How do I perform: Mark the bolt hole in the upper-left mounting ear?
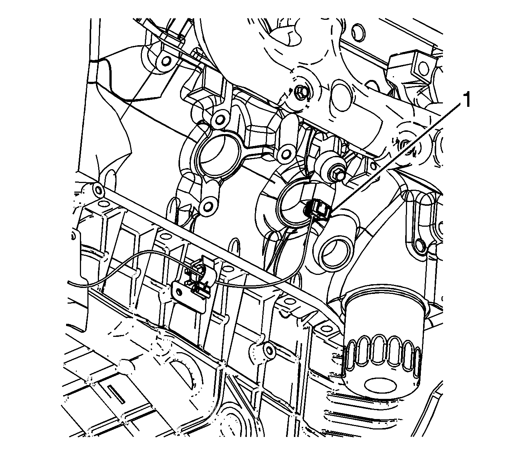[x=164, y=60]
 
